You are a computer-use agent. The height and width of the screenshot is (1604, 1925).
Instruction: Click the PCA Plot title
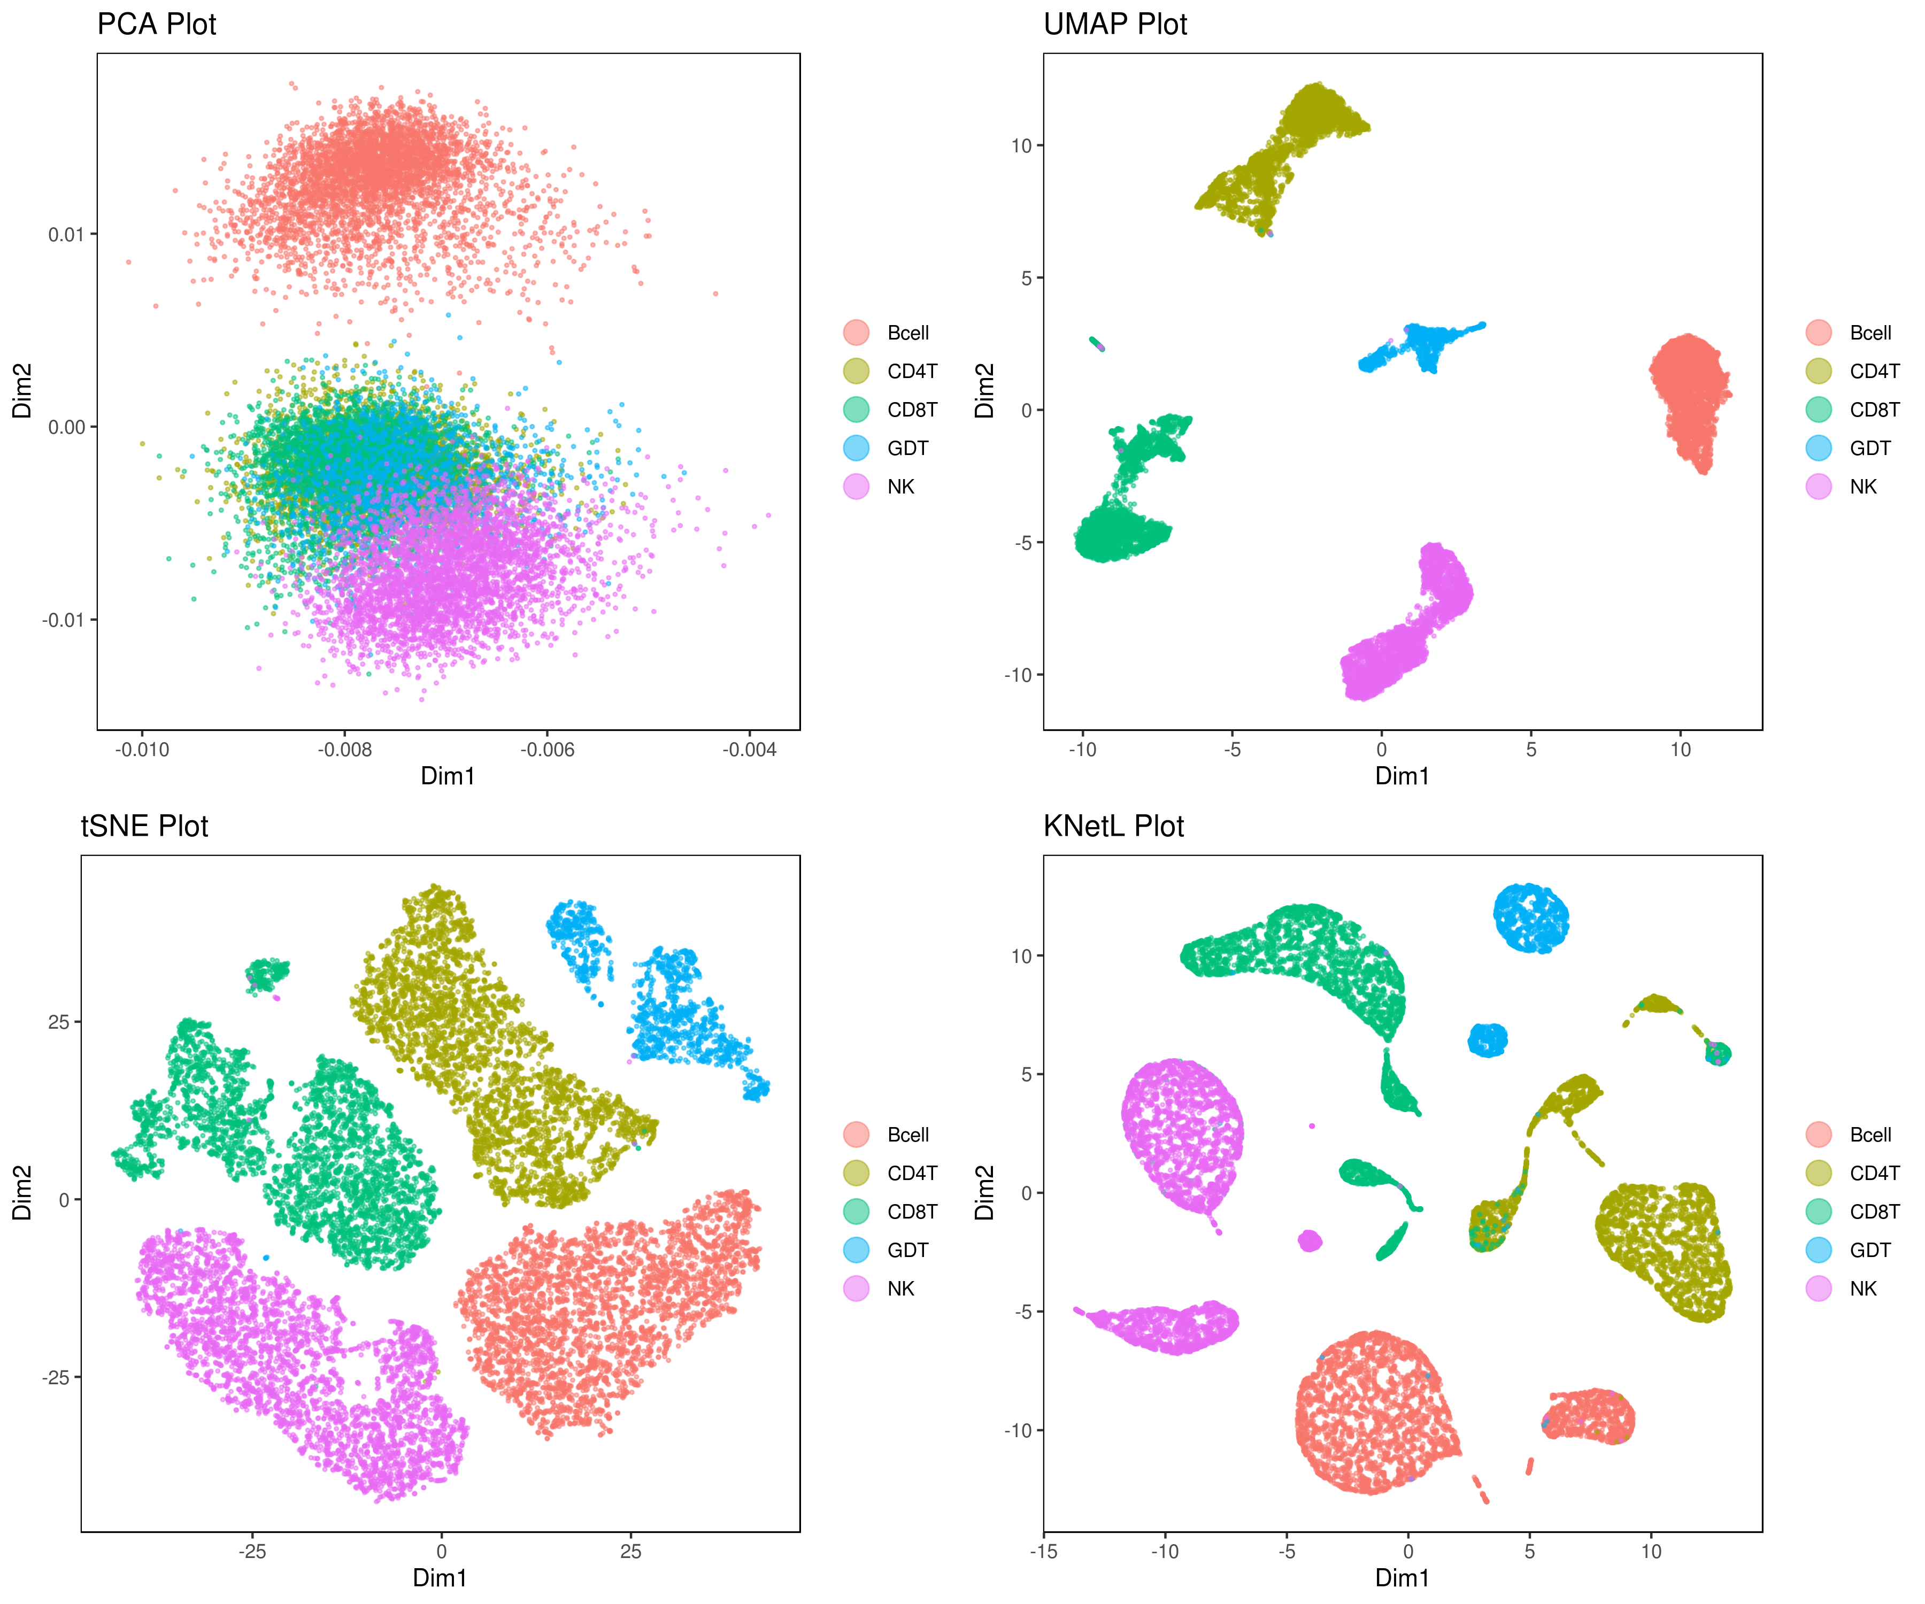[x=157, y=24]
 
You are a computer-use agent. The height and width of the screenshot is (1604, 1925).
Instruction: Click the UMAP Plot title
[x=1115, y=24]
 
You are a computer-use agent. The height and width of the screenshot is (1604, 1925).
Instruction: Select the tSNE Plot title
[x=145, y=826]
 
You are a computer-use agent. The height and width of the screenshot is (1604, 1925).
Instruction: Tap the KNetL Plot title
[x=1114, y=826]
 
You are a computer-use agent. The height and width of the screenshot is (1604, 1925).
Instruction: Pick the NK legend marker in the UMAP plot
[x=1819, y=487]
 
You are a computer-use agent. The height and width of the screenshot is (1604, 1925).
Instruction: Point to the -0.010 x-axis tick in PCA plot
[x=142, y=750]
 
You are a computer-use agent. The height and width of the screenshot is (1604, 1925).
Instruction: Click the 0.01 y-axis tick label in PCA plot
[x=66, y=235]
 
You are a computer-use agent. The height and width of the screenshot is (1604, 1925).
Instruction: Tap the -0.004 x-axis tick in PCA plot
[x=750, y=750]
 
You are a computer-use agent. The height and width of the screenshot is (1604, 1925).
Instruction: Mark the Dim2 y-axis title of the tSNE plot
[x=22, y=1192]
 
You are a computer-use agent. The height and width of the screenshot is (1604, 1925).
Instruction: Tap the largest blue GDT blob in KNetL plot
[x=1531, y=917]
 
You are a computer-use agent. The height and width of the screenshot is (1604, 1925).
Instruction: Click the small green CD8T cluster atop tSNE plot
[x=267, y=974]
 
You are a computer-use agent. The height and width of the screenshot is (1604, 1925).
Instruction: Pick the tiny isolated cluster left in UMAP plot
[x=1096, y=344]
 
